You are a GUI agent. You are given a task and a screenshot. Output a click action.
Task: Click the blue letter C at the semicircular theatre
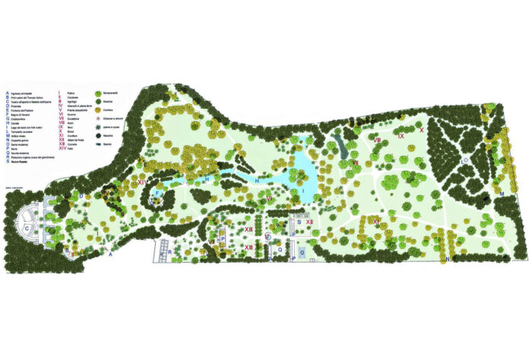[27, 227]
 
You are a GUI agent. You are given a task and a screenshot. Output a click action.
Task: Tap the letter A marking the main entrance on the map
[111, 255]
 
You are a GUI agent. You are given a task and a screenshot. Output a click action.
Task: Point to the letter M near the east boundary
[502, 194]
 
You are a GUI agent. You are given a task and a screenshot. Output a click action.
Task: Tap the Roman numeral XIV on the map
[142, 182]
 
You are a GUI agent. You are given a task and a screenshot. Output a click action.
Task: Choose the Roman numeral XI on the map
[375, 222]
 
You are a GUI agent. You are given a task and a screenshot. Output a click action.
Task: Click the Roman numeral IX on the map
[401, 135]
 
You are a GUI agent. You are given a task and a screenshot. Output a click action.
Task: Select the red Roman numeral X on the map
[422, 131]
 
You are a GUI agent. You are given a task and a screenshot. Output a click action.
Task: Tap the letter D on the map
[81, 196]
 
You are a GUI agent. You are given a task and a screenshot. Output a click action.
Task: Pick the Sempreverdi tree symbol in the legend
[98, 93]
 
